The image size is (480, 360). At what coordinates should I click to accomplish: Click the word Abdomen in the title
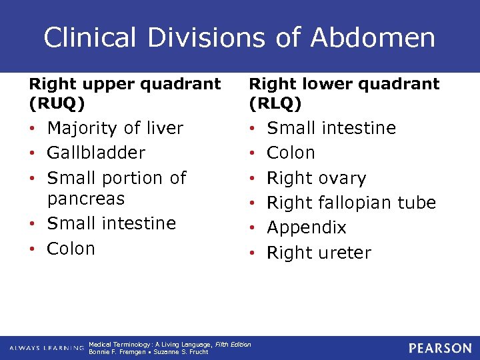click(373, 37)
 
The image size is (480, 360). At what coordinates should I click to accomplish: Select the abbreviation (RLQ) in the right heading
click(275, 104)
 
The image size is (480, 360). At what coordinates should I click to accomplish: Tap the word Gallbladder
click(96, 153)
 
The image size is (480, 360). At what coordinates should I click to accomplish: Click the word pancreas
click(86, 199)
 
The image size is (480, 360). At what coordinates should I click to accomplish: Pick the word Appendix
click(307, 228)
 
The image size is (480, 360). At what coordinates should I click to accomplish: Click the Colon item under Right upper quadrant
click(71, 249)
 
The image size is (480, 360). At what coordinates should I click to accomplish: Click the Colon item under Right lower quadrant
click(291, 153)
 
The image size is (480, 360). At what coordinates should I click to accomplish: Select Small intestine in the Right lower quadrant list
click(331, 128)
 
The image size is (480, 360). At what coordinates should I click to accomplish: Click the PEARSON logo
click(441, 348)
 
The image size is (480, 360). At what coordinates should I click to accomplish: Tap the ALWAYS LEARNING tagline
click(47, 349)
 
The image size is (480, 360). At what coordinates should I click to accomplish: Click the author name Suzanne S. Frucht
click(181, 352)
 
